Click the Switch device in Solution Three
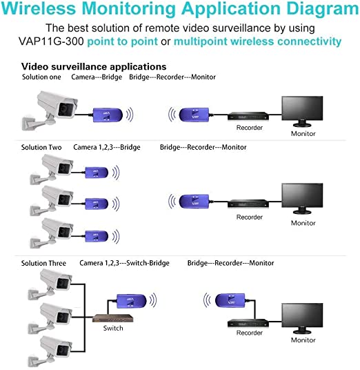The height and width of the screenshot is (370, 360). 113,318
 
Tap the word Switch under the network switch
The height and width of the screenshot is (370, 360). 113,328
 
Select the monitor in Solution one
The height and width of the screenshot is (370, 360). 302,111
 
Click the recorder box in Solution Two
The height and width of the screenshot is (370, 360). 248,204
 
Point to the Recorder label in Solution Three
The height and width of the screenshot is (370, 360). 250,333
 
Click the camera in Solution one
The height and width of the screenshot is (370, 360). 50,110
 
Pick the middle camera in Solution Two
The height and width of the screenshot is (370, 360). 52,200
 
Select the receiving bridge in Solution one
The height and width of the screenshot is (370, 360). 194,115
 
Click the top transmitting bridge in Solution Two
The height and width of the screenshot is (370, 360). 97,173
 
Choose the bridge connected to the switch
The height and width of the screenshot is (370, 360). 132,301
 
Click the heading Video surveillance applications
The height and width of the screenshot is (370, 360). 94,66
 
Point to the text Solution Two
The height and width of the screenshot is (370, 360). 41,147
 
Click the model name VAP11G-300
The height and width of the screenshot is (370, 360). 51,41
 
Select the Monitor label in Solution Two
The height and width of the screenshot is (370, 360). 303,223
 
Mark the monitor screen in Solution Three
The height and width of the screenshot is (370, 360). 302,315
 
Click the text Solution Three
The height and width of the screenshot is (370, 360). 43,263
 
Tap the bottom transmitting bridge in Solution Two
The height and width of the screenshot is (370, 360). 97,236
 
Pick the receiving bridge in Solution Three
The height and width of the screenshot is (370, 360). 230,301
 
